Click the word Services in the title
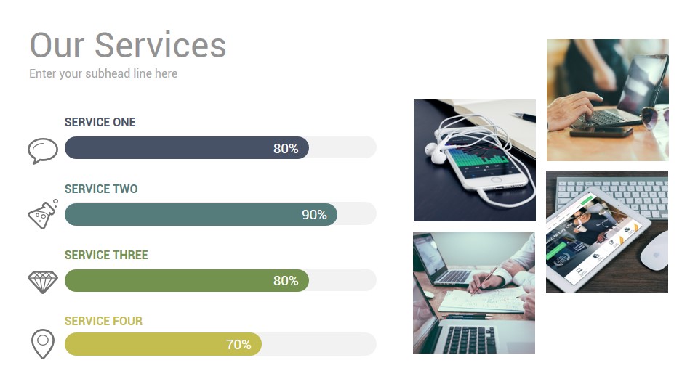point(160,45)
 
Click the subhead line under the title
point(103,73)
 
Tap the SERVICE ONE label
point(100,122)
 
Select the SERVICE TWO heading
point(101,189)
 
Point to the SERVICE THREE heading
point(106,255)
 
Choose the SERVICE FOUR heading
point(103,321)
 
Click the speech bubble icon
point(43,151)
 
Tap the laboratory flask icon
point(43,214)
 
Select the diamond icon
point(43,282)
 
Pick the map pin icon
point(43,343)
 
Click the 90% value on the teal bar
point(314,215)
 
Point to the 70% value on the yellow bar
point(238,344)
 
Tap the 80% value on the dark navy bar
point(286,148)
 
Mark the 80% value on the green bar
point(286,280)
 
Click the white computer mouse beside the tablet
point(654,250)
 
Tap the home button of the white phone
point(496,180)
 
